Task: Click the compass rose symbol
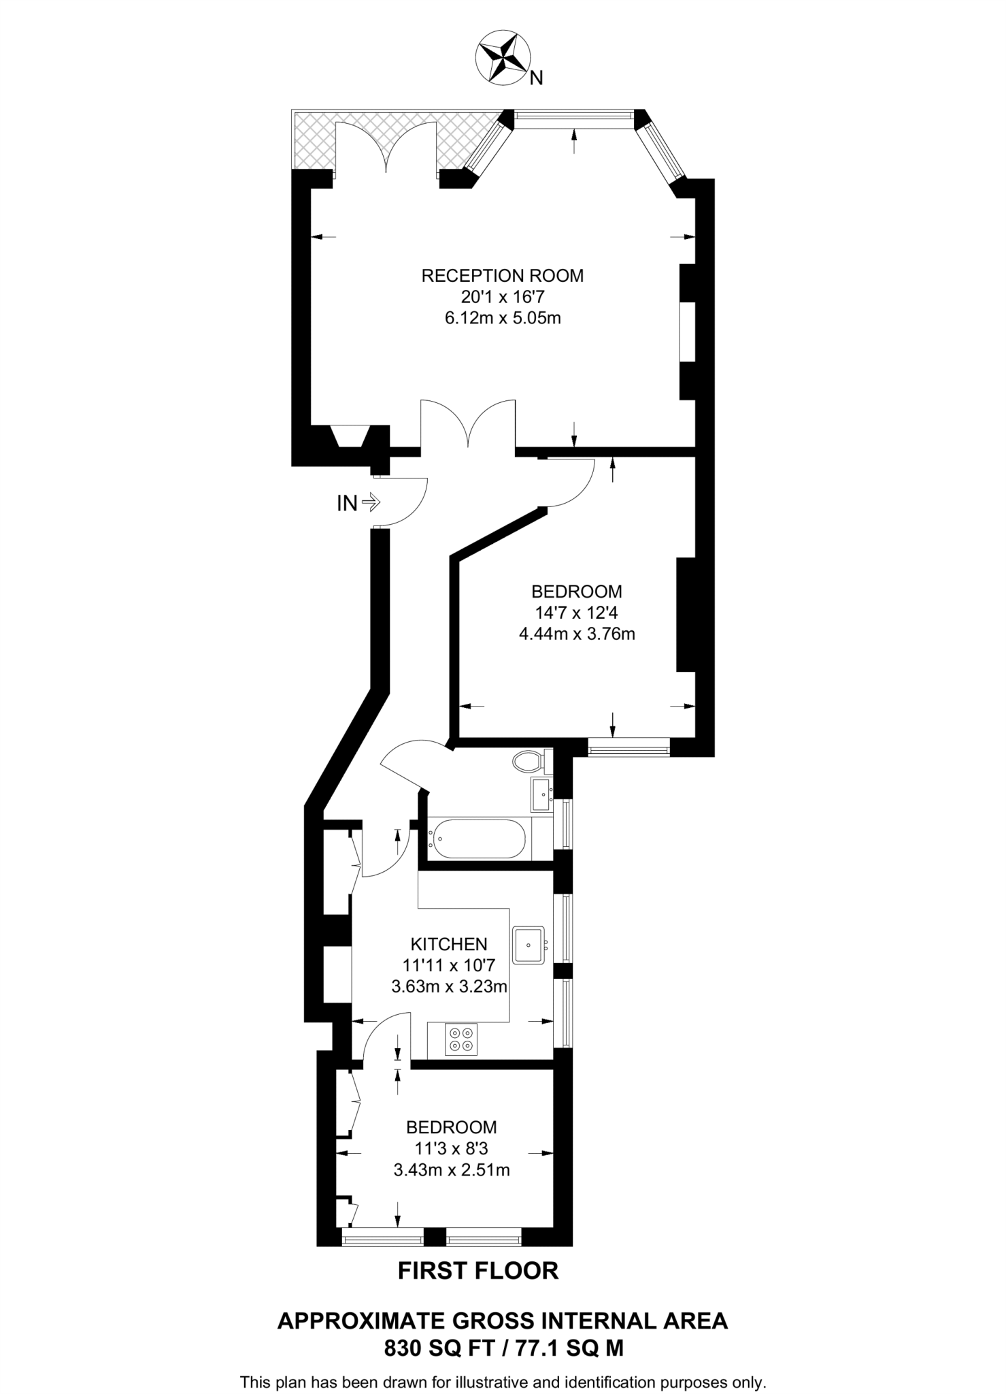coord(503,59)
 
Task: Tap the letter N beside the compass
coord(536,79)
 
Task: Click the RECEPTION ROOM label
coord(502,276)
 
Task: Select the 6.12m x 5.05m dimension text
coord(502,318)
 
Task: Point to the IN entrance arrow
coord(358,503)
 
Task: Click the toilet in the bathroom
coord(529,760)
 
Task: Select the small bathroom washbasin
coord(541,794)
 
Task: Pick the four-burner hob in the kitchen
coord(461,1039)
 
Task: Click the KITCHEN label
coord(449,944)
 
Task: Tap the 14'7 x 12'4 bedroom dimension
coord(576,613)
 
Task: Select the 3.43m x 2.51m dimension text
coord(452,1189)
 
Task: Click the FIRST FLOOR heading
coord(477,1271)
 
